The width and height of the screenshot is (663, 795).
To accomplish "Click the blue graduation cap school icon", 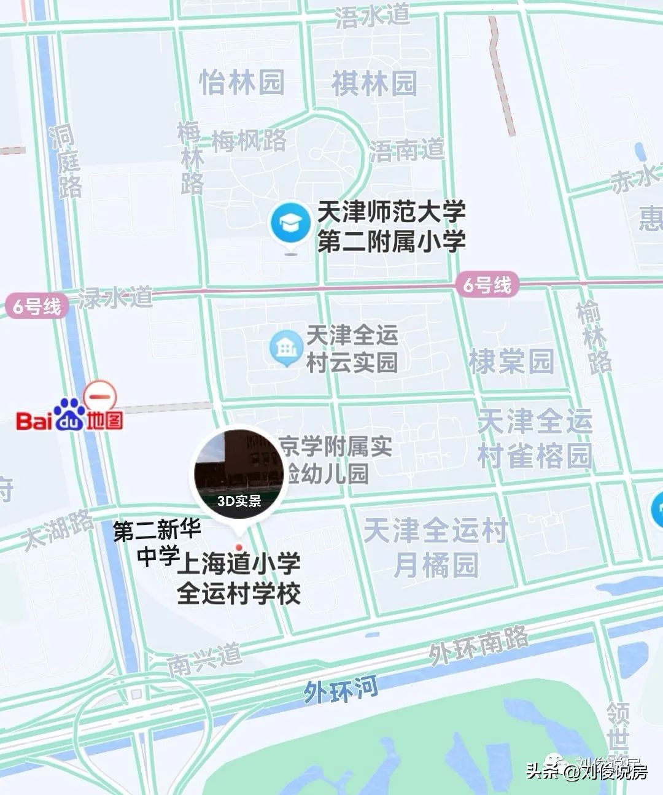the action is [x=290, y=224].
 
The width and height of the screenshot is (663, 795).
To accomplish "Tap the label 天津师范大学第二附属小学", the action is [x=391, y=227].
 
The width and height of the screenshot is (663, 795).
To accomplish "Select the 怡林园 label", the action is [x=242, y=82].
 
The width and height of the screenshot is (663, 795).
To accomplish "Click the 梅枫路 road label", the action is [x=249, y=141].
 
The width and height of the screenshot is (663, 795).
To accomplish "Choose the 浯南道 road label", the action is [x=406, y=149].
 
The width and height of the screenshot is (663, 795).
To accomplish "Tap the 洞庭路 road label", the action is [x=66, y=162].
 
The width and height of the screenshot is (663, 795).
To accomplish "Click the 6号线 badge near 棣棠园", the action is [x=487, y=285].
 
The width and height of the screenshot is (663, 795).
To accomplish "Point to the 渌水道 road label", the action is [x=115, y=298].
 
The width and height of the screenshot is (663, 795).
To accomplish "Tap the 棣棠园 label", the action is [x=511, y=361].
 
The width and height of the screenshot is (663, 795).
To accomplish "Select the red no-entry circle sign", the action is [x=100, y=396].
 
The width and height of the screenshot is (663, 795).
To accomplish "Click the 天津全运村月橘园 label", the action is [x=436, y=547].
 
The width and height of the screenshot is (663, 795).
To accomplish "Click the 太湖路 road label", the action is [x=58, y=529].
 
